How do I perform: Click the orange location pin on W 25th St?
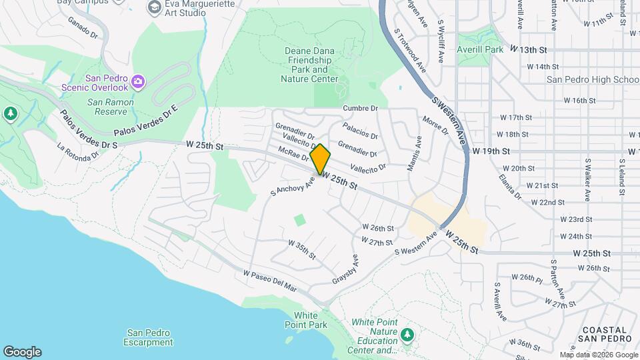320,159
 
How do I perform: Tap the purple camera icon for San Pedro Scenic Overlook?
138,82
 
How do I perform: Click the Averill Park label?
480,49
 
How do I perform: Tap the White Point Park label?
311,320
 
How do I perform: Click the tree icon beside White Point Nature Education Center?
407,333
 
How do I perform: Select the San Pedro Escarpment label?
148,337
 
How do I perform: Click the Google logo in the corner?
22,352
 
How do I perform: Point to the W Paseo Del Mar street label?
270,281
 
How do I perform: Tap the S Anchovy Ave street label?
292,185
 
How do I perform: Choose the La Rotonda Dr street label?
78,151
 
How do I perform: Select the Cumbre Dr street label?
360,108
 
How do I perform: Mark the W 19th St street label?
491,151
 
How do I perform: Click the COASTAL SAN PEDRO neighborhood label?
605,334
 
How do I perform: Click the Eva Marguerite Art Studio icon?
155,7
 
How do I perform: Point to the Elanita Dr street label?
509,187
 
